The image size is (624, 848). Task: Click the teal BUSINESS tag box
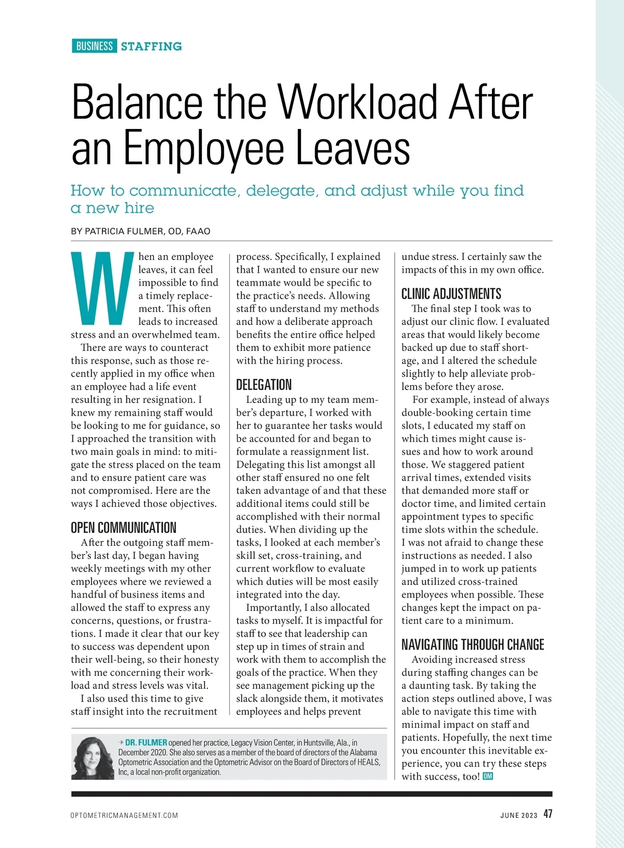tap(94, 46)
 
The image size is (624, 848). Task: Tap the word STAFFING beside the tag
tap(151, 46)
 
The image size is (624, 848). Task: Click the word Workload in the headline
tap(358, 102)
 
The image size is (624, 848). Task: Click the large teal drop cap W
tap(102, 288)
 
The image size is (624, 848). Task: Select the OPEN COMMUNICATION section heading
tap(124, 528)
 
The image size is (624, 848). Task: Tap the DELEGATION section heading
tap(264, 385)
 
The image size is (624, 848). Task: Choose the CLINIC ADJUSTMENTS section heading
tap(451, 294)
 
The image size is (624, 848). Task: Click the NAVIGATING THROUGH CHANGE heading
tap(472, 645)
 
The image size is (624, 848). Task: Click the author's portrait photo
tap(92, 758)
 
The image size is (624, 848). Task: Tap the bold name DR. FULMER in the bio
tap(146, 742)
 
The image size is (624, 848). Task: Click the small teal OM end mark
tap(488, 776)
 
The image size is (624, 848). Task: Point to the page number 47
tap(548, 814)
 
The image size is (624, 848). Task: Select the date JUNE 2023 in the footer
tap(518, 815)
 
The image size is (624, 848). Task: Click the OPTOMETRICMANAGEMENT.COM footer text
tap(124, 815)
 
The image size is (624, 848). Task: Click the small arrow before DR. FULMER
tap(121, 742)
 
